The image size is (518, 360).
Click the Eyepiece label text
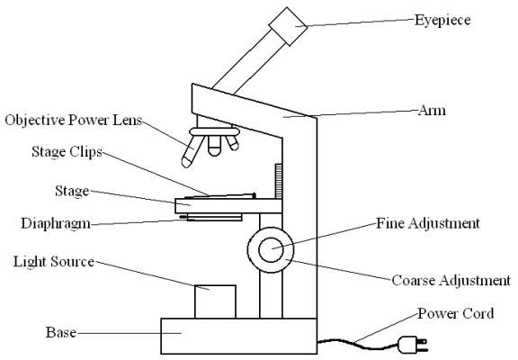[x=442, y=21]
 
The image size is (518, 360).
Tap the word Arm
[x=432, y=111]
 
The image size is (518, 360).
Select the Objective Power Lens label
[x=74, y=121]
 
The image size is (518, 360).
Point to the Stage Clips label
[x=67, y=152]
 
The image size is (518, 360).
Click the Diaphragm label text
[x=56, y=224]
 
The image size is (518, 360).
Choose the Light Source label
[x=54, y=262]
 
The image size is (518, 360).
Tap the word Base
[x=61, y=333]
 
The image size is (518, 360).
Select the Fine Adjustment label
[x=428, y=223]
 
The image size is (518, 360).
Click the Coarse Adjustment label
[x=451, y=281]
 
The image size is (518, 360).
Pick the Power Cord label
[x=456, y=314]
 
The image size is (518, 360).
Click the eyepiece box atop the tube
[x=288, y=26]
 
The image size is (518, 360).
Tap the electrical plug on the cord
[x=413, y=345]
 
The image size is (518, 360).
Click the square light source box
[x=215, y=301]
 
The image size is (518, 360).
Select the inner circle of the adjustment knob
[x=271, y=250]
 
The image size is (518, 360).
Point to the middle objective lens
[x=214, y=146]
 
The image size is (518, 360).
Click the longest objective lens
[x=192, y=151]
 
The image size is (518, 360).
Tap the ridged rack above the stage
[x=279, y=181]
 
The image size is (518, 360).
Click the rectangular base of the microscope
[x=239, y=337]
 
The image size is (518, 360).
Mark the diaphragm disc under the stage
[x=214, y=218]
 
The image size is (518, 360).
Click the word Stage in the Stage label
[x=72, y=192]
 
